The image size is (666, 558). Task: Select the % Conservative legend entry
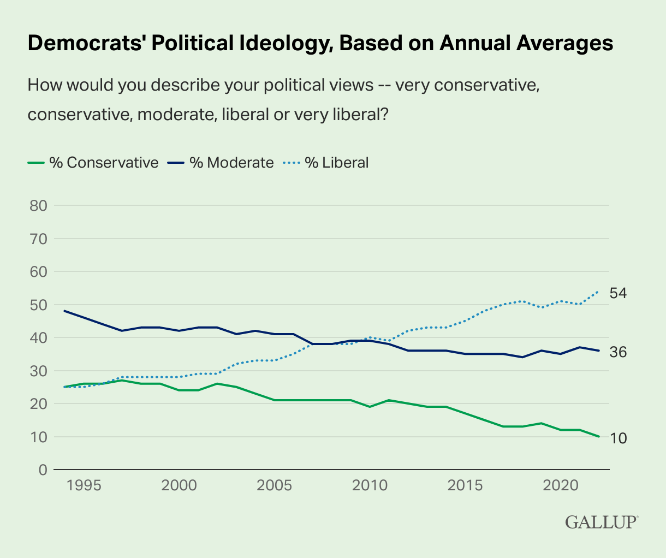point(93,163)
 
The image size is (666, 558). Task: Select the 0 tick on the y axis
point(42,470)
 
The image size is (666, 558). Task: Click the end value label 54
point(617,293)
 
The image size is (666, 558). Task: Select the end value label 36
point(617,352)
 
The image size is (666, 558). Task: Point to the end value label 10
point(617,437)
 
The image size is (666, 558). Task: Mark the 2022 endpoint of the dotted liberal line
point(599,292)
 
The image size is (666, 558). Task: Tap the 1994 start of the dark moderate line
point(64,311)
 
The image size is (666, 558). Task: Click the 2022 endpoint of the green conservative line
point(599,436)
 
